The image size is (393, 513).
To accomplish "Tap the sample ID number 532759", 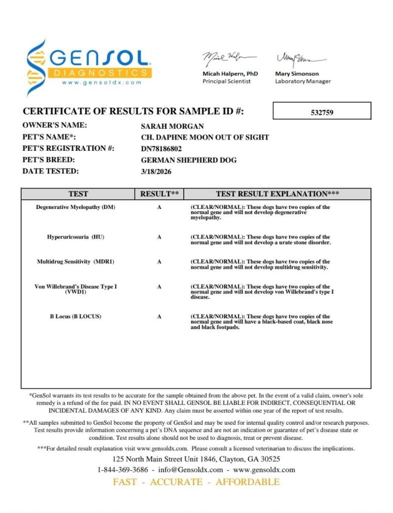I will click(322, 112).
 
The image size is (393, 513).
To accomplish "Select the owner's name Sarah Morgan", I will click(172, 126).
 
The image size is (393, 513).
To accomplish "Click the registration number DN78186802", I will click(162, 149).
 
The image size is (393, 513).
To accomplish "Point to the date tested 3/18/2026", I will click(156, 171).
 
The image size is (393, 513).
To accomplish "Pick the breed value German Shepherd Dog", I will click(189, 160).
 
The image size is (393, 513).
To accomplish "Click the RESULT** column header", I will click(159, 194).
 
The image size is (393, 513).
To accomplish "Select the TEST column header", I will click(78, 194).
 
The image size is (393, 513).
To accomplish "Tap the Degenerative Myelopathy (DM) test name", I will click(76, 207).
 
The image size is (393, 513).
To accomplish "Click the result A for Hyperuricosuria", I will click(159, 237).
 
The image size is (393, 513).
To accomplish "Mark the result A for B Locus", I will click(159, 317).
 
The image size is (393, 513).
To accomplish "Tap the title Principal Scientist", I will click(226, 82).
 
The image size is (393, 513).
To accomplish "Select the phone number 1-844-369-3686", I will click(123, 470).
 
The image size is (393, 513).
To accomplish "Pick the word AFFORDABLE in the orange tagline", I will click(247, 482).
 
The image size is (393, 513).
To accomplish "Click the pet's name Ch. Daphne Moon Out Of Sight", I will click(205, 137).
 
